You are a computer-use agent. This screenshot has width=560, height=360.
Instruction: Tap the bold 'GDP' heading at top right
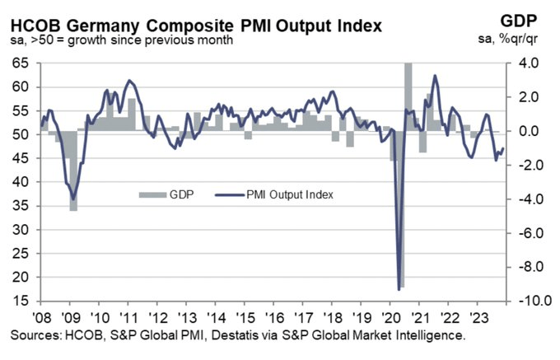(x=527, y=20)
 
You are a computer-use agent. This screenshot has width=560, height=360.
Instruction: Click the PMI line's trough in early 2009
(x=73, y=199)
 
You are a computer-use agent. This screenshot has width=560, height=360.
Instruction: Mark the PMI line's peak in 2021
(x=435, y=76)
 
